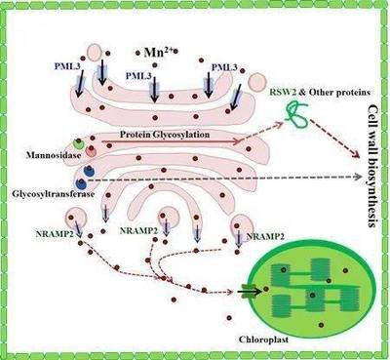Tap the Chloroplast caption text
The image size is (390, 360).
(263, 340)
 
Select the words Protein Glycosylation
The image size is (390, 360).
(165, 135)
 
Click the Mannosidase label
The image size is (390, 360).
(54, 155)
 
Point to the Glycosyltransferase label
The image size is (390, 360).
(54, 194)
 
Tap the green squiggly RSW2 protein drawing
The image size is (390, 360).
(296, 115)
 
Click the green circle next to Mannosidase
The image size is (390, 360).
(79, 143)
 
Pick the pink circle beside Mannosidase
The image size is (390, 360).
(91, 151)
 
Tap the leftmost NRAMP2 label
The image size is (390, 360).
(55, 234)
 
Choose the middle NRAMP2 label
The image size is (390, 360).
(138, 231)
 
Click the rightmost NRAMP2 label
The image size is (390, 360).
(265, 236)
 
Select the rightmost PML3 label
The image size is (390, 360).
(224, 67)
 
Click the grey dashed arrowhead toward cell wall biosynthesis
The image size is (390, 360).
(358, 177)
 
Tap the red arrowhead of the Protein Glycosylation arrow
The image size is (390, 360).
(237, 141)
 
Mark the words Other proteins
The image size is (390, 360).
(339, 93)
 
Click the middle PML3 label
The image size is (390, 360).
(138, 76)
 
